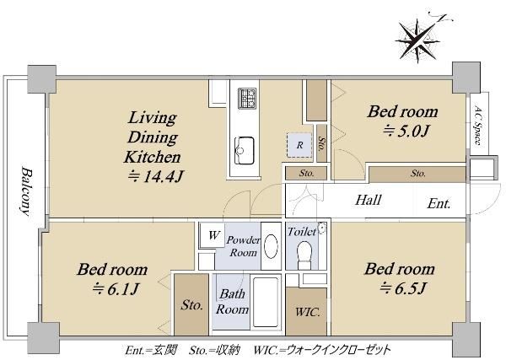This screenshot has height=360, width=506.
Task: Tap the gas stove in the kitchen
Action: [x=247, y=99]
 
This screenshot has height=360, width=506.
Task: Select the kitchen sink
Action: [x=244, y=150]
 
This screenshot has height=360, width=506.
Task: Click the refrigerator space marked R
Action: [x=299, y=145]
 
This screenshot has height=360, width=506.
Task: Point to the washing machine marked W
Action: [x=214, y=235]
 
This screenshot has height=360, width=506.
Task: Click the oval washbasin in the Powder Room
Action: [x=271, y=245]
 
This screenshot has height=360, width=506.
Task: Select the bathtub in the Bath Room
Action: [x=266, y=302]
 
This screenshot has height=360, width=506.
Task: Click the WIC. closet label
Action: [x=308, y=312]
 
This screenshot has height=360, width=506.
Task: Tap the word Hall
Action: [x=369, y=200]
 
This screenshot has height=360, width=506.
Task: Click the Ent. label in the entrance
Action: [x=439, y=203]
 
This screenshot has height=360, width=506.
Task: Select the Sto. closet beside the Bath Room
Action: [x=191, y=304]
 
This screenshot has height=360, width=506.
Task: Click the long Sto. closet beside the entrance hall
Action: [x=417, y=175]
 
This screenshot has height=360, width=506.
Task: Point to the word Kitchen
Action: [x=153, y=157]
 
